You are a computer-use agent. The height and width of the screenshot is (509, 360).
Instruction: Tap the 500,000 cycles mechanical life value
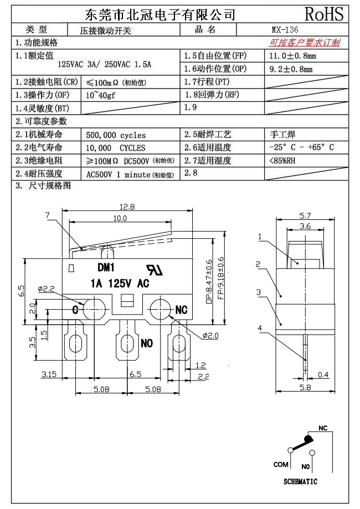(116, 135)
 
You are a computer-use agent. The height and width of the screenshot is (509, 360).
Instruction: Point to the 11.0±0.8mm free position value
(292, 56)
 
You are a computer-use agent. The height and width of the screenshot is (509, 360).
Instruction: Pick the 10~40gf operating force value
(100, 95)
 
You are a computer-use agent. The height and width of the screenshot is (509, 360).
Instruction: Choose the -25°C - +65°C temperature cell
(301, 148)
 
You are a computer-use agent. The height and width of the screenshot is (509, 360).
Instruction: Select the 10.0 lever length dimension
(120, 219)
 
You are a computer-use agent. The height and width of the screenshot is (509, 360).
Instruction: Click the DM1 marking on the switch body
(106, 268)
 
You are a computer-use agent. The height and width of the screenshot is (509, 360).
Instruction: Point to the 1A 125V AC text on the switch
(120, 283)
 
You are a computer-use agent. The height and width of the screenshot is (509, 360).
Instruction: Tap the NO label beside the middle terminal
(146, 343)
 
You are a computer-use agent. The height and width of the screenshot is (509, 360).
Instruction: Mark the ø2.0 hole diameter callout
(212, 336)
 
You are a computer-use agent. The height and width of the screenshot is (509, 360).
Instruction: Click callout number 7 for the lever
(48, 215)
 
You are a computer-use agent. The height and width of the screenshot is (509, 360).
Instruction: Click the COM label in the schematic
(281, 464)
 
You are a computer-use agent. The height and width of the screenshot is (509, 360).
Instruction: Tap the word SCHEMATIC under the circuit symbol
(300, 482)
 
